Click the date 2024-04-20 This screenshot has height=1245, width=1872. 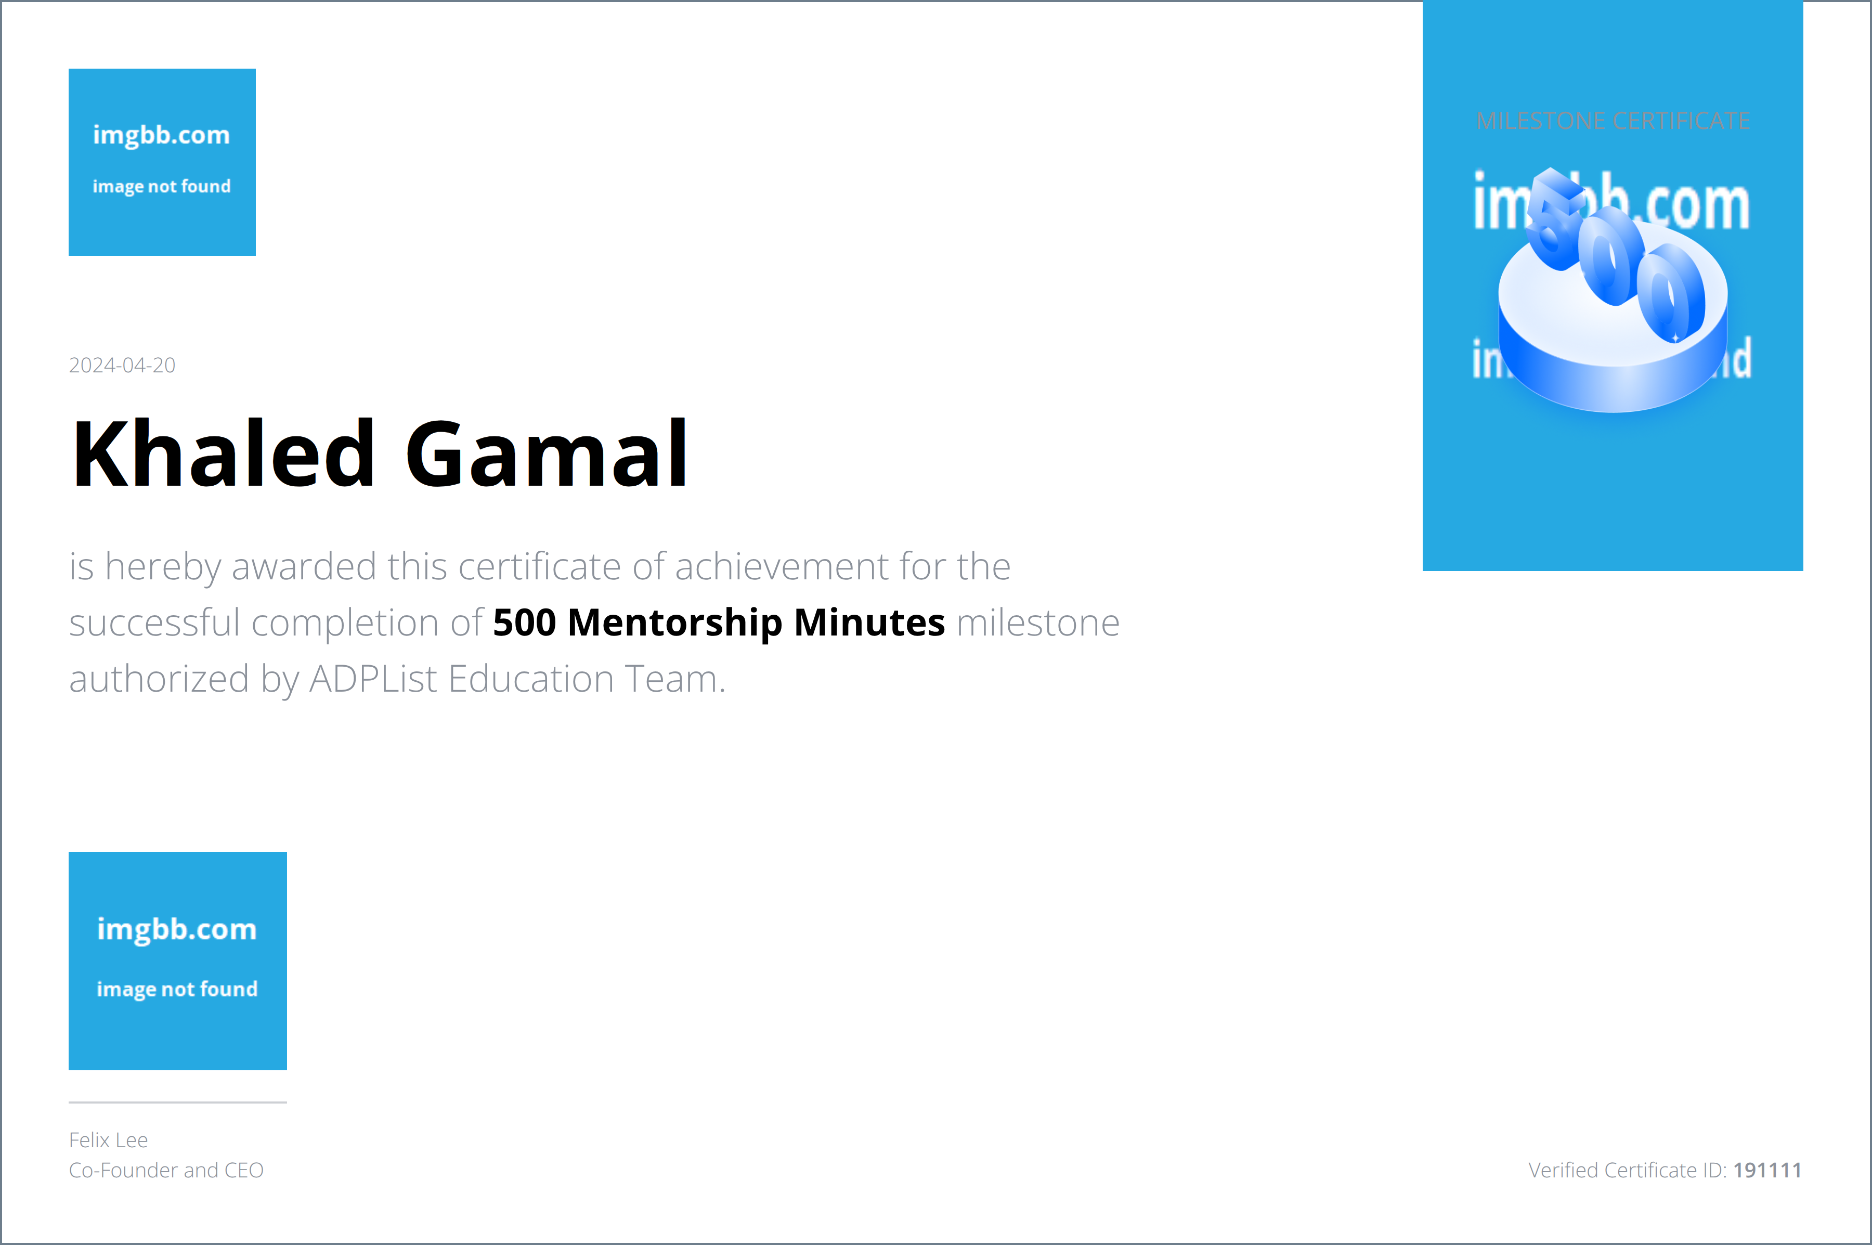[122, 365]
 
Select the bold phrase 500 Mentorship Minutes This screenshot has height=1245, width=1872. [719, 622]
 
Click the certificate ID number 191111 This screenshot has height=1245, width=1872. [1766, 1170]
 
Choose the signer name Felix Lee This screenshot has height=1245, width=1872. [108, 1140]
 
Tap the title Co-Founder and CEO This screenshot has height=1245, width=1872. [166, 1170]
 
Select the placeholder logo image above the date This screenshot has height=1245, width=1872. [162, 162]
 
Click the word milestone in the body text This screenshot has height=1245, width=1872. [1037, 622]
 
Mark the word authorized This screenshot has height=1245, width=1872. [159, 680]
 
